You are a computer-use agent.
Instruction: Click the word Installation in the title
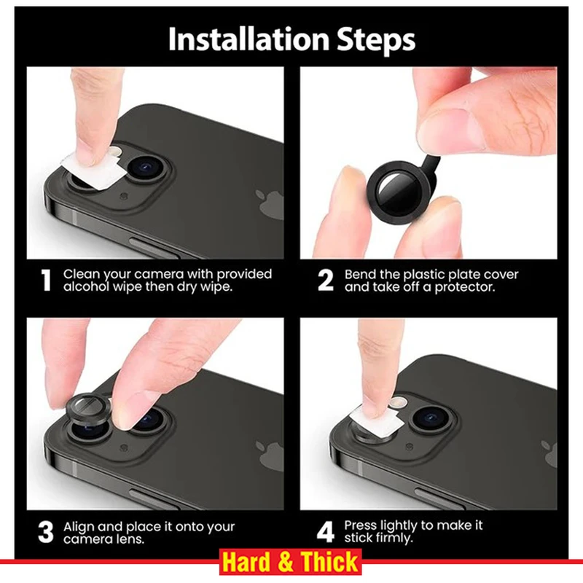click(x=249, y=39)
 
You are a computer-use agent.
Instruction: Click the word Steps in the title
click(x=375, y=40)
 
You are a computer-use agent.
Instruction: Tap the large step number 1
click(x=46, y=281)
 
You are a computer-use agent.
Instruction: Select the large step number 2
click(x=326, y=281)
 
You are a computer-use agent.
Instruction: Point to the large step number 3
click(x=46, y=532)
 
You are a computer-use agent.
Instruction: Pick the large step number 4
click(x=326, y=532)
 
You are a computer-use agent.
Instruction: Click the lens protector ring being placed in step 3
click(x=88, y=408)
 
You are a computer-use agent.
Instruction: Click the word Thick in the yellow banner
click(x=329, y=562)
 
